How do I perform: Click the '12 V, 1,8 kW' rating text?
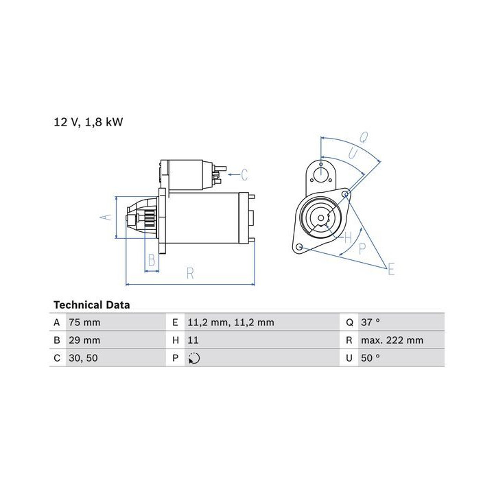(89, 122)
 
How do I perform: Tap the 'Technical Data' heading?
(92, 305)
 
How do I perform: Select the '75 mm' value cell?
(84, 322)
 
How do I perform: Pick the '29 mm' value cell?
(84, 340)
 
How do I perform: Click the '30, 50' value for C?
(83, 358)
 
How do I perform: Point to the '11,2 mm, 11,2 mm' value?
(231, 322)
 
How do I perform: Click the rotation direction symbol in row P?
(194, 358)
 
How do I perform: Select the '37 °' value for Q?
(370, 322)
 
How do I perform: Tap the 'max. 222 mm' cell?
(392, 340)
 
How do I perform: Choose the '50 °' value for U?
(370, 358)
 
